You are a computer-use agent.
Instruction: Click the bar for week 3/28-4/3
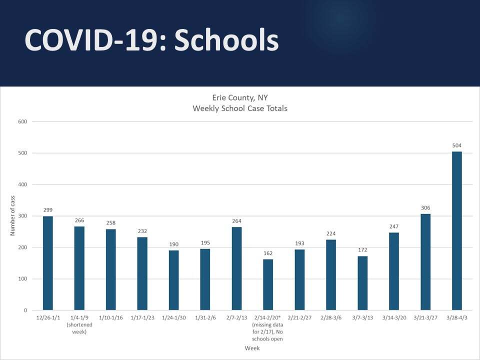(457, 230)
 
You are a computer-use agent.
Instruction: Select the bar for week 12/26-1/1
(48, 263)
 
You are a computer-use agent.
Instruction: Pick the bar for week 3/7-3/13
(362, 283)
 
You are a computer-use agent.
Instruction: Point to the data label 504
(457, 145)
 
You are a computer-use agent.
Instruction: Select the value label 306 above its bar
(425, 208)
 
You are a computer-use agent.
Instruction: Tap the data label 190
(173, 244)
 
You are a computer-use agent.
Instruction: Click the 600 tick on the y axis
(22, 121)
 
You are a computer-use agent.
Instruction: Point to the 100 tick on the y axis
(22, 279)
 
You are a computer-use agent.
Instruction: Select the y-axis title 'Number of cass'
(13, 216)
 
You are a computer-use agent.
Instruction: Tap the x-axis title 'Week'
(252, 348)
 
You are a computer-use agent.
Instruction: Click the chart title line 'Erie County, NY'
(240, 97)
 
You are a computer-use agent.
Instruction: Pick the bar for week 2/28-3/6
(331, 275)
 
